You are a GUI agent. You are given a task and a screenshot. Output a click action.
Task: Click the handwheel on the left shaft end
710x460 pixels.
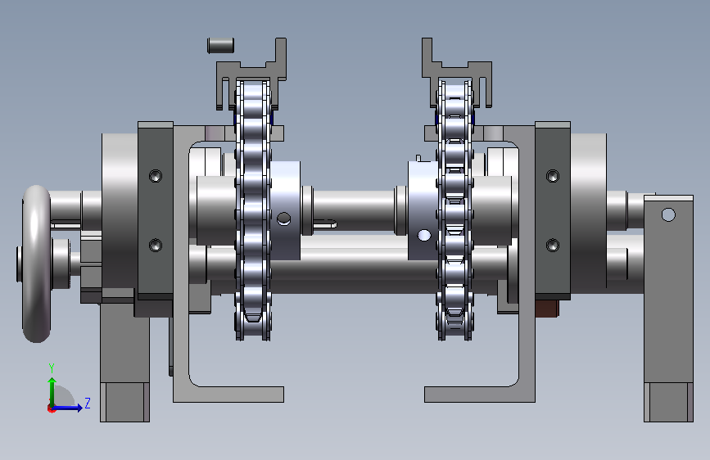[36, 264]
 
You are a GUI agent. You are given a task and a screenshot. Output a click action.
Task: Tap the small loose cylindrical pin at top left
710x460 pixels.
[220, 45]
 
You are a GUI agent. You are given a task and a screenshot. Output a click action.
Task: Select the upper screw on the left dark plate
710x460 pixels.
[156, 176]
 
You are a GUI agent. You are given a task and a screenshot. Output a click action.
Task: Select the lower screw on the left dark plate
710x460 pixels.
[156, 245]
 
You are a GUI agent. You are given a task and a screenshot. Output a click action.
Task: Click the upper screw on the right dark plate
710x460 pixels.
[553, 176]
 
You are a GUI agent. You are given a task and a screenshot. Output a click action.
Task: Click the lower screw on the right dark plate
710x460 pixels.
[553, 245]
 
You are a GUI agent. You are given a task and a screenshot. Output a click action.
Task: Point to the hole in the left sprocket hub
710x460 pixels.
[284, 219]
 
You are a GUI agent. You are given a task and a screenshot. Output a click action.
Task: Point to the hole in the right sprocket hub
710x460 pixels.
[424, 236]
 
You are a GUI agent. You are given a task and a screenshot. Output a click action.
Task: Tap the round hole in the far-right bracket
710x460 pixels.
[668, 214]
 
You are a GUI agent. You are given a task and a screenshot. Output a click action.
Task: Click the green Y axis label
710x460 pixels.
[52, 368]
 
